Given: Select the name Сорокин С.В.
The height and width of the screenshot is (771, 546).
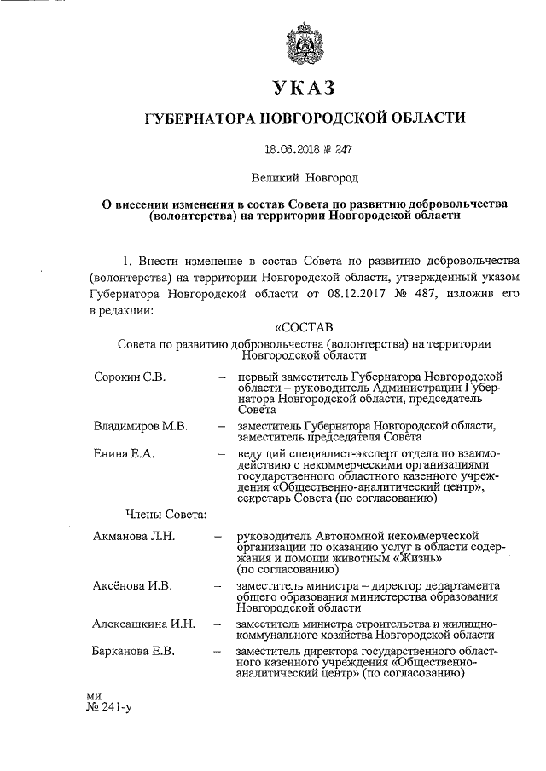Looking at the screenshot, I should pyautogui.click(x=131, y=376).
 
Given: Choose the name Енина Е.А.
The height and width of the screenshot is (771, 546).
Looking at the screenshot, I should pyautogui.click(x=125, y=454).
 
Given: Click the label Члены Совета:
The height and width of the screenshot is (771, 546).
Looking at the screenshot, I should pyautogui.click(x=166, y=513).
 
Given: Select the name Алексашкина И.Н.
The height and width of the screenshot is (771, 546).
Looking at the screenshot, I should pyautogui.click(x=144, y=624).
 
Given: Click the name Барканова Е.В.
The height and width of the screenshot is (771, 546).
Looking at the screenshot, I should pyautogui.click(x=136, y=652).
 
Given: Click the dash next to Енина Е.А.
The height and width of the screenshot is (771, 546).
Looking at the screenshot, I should pyautogui.click(x=221, y=454).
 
